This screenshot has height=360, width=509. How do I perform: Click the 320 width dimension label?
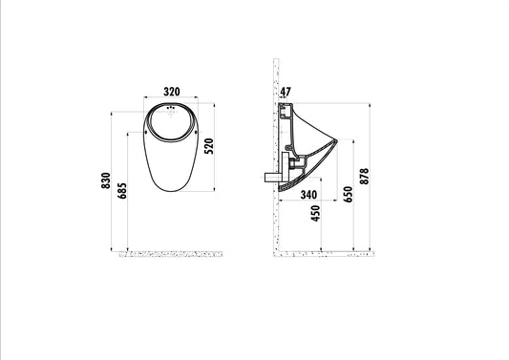coord(171,92)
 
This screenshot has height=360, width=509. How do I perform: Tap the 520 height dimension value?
coord(209,146)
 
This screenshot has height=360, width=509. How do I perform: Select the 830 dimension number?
coord(106,180)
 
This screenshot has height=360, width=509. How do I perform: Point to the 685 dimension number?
coord(122,191)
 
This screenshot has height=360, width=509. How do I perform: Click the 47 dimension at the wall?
coord(286,92)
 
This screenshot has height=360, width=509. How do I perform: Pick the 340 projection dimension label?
coord(308,195)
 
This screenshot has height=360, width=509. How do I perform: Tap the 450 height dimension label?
coord(315,213)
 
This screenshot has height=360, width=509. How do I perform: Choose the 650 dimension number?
coord(348,194)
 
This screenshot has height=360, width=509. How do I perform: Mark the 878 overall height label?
coord(364,177)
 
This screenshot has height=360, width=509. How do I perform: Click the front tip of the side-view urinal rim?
coord(338,141)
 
